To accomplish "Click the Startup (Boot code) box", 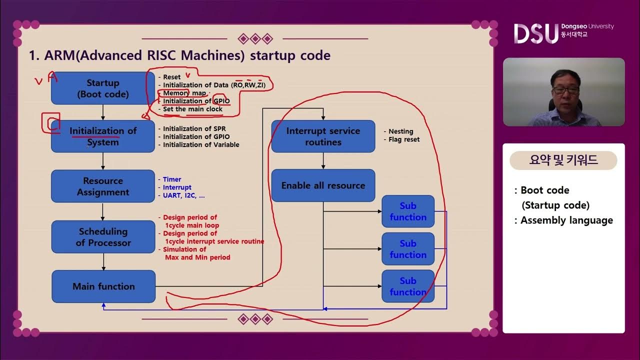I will tap(103, 88).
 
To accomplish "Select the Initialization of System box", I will tap(103, 136).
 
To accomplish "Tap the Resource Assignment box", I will tap(103, 186).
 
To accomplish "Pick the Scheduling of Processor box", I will tap(103, 237).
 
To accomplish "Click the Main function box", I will tap(103, 286).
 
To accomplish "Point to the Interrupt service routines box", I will tap(323, 136).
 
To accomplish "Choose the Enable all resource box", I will tap(323, 185).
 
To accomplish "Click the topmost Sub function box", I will tap(408, 211).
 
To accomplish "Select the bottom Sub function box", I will tap(408, 286).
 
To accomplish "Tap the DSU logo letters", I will tap(535, 33).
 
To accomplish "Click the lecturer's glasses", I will tap(566, 90).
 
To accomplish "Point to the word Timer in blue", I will tap(172, 179).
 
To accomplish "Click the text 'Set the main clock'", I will tap(192, 109).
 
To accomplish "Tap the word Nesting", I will tap(401, 131).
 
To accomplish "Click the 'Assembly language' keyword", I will tap(566, 220).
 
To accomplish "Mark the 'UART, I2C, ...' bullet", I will tap(183, 195).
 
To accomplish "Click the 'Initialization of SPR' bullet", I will tap(194, 129).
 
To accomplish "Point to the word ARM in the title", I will tap(58, 55).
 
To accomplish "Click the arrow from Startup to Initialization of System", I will tap(103, 112).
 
